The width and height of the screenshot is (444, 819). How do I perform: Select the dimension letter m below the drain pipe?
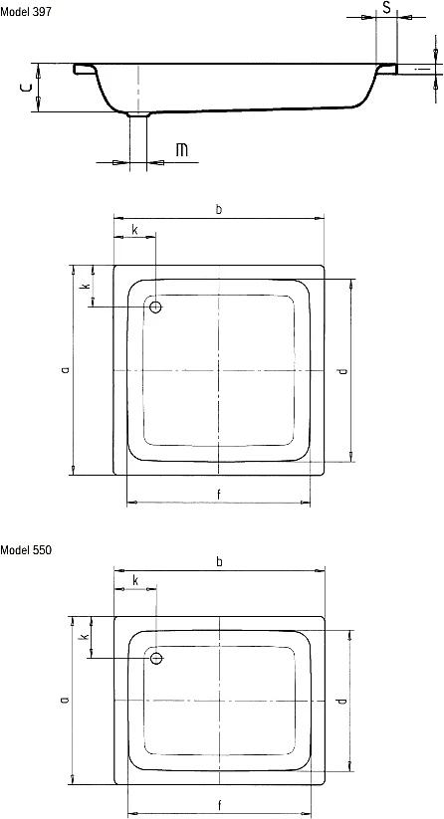tap(181, 151)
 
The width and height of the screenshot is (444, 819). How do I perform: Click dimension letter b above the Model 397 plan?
tap(218, 208)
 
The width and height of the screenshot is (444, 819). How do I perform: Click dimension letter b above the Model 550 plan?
tap(218, 563)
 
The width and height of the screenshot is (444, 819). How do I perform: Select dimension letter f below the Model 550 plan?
tap(218, 804)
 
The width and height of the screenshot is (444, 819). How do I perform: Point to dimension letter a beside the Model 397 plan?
tap(64, 369)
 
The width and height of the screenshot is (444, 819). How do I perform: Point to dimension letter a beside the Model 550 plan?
tap(64, 700)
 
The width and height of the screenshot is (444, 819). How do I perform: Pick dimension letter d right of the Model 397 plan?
tap(341, 371)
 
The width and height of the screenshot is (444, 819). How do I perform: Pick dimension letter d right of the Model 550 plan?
tap(341, 701)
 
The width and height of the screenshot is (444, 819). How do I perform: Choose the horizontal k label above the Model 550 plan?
tap(134, 580)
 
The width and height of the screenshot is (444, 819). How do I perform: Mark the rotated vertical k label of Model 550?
tap(85, 636)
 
